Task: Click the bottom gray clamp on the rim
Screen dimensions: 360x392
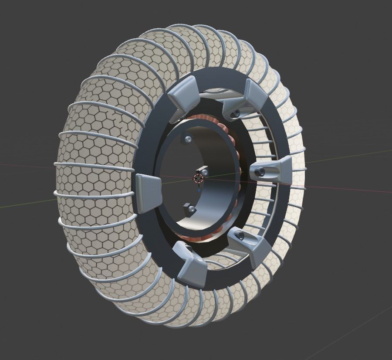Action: (x=190, y=264)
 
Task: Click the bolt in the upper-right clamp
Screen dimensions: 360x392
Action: (x=237, y=113)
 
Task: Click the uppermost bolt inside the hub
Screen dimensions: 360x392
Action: (x=188, y=139)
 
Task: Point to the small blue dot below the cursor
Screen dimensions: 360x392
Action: (x=199, y=190)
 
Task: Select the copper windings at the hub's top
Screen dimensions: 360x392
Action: (x=218, y=122)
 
